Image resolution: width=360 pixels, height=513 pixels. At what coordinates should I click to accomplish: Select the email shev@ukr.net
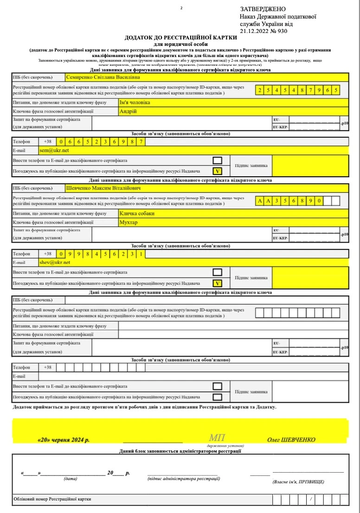(55, 263)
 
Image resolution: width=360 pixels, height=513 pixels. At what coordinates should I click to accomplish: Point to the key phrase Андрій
(129, 111)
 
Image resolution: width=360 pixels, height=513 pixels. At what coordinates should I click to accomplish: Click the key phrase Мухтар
(130, 222)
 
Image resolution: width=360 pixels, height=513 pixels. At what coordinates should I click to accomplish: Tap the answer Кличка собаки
(137, 213)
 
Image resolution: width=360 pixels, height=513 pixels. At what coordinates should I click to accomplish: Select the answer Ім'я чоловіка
(135, 103)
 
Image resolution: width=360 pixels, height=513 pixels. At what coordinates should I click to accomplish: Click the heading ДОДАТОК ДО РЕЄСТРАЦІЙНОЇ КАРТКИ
(178, 38)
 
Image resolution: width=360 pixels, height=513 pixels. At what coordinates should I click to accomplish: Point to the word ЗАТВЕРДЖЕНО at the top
(263, 9)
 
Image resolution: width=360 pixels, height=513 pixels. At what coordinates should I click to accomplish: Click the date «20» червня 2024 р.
(64, 440)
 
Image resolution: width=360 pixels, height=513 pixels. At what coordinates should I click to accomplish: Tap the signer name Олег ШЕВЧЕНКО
(291, 440)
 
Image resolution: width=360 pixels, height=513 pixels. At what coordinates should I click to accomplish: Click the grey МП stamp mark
(217, 438)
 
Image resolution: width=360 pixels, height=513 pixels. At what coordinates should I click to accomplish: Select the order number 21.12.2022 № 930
(264, 32)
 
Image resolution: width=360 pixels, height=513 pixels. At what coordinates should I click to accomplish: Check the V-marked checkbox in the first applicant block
(217, 171)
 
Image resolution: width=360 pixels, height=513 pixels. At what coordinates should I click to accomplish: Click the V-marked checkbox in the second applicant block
(217, 283)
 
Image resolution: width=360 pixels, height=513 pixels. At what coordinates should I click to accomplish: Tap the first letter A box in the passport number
(260, 201)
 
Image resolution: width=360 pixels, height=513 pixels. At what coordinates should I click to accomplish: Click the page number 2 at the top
(181, 8)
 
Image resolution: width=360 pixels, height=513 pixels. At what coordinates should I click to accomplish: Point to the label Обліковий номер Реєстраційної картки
(52, 499)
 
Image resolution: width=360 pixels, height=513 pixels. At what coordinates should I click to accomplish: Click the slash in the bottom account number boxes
(310, 499)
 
